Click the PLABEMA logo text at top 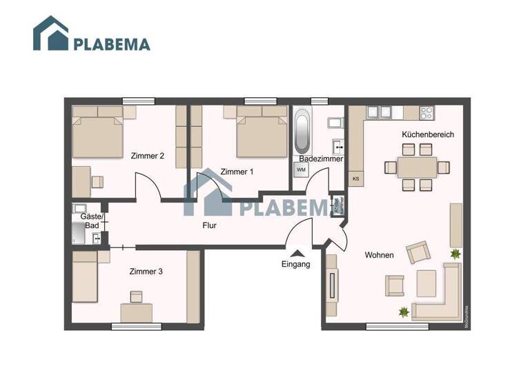111,44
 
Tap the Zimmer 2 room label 147,156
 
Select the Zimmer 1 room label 237,172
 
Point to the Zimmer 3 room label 146,272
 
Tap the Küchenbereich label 428,135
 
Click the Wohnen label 379,255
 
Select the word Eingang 295,264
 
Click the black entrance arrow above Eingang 296,253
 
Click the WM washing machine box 301,169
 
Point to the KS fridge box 356,179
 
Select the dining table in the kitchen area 417,166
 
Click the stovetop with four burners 426,112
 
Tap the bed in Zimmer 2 99,136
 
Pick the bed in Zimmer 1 261,135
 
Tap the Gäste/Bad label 90,221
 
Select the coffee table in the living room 426,282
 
